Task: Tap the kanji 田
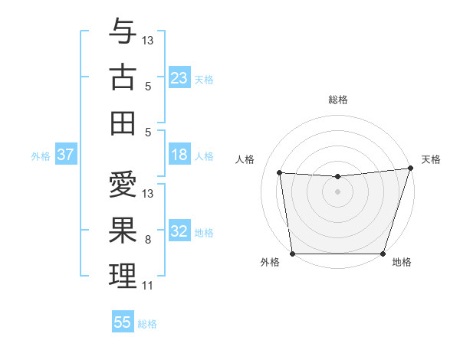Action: pyautogui.click(x=123, y=123)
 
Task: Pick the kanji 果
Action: pyautogui.click(x=123, y=230)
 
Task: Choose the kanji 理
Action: pyautogui.click(x=123, y=276)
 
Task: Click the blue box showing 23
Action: pyautogui.click(x=179, y=78)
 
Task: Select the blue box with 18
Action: pyautogui.click(x=179, y=155)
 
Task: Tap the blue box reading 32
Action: pyautogui.click(x=179, y=232)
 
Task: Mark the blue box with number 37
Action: pyautogui.click(x=66, y=155)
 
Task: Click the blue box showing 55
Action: pyautogui.click(x=123, y=322)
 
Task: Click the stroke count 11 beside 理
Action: pyautogui.click(x=147, y=286)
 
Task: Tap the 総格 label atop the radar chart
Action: pyautogui.click(x=338, y=100)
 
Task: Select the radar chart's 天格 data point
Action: pyautogui.click(x=409, y=169)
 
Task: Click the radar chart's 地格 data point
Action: pyautogui.click(x=383, y=254)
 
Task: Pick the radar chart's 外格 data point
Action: pyautogui.click(x=292, y=254)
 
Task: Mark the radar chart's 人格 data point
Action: pyautogui.click(x=279, y=173)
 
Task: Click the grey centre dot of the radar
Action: pyautogui.click(x=337, y=191)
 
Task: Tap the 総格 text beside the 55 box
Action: pyautogui.click(x=147, y=324)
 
